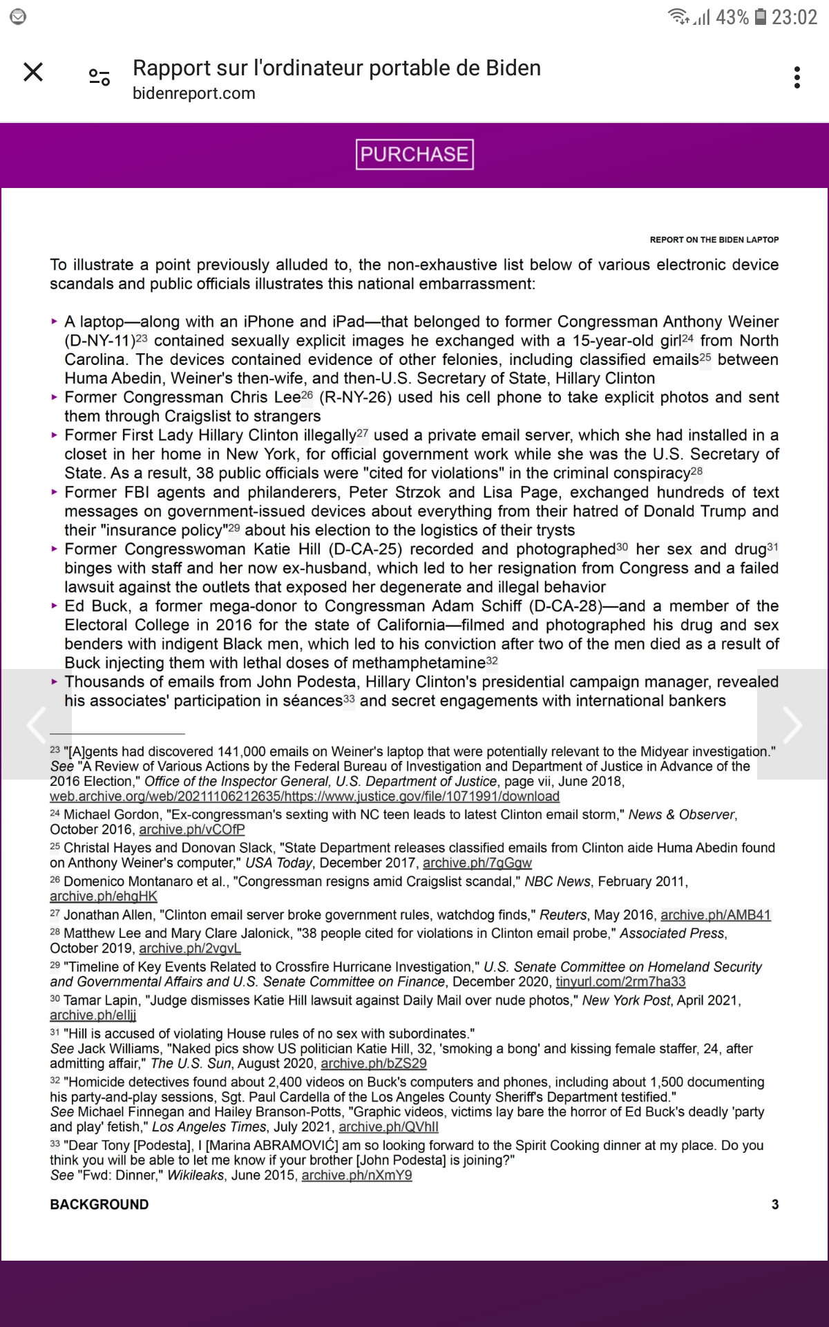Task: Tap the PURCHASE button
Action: [x=414, y=154]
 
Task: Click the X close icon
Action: [x=33, y=72]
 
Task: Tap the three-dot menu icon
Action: [x=797, y=77]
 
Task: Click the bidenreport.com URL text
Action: [x=194, y=93]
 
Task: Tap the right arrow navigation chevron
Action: [x=792, y=724]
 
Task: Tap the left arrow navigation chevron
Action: [x=35, y=724]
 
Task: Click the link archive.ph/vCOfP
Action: [x=192, y=829]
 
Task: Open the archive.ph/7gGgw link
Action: [x=477, y=863]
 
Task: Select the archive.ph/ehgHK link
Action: [x=104, y=896]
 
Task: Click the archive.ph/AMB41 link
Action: [x=716, y=915]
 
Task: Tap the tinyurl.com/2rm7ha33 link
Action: [x=620, y=981]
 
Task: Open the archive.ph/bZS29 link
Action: [x=374, y=1064]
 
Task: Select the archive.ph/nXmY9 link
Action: [x=356, y=1175]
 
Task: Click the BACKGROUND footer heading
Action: [x=99, y=1204]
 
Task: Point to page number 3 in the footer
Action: [x=775, y=1204]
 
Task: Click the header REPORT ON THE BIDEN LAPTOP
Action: [x=714, y=240]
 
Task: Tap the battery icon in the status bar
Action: [x=760, y=17]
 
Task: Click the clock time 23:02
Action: [x=794, y=17]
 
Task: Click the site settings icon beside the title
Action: [x=99, y=77]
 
